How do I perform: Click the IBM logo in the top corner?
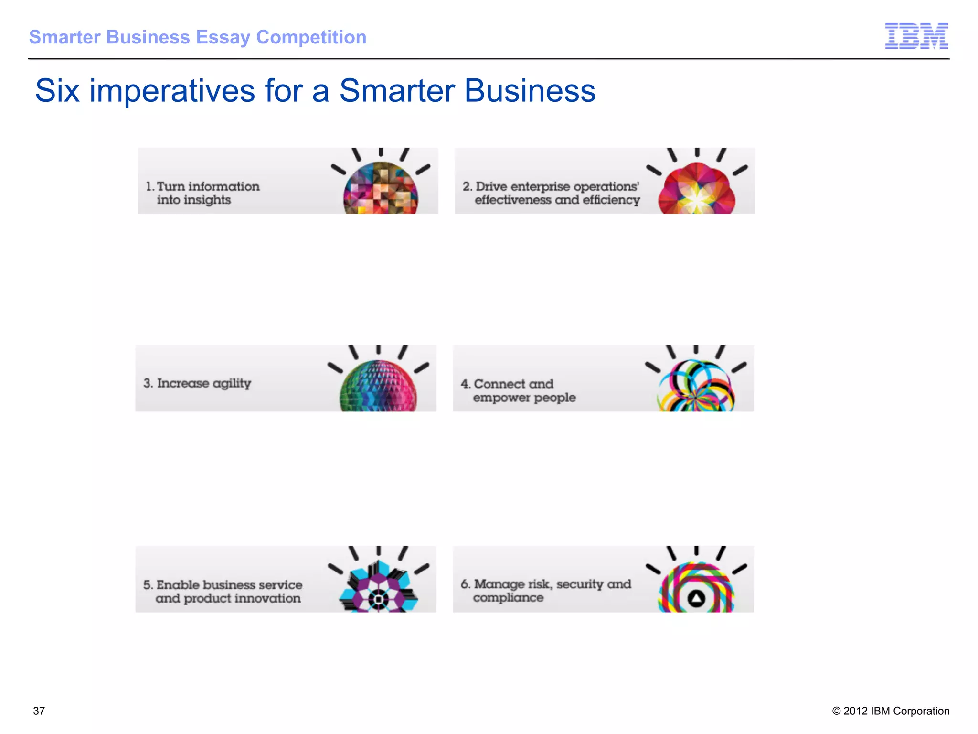pyautogui.click(x=916, y=36)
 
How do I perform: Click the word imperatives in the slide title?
pyautogui.click(x=172, y=91)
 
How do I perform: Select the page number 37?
pyautogui.click(x=39, y=711)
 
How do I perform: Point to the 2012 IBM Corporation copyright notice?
pyautogui.click(x=891, y=711)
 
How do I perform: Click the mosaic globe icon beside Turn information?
pyautogui.click(x=381, y=188)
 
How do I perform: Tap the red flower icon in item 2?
pyautogui.click(x=697, y=189)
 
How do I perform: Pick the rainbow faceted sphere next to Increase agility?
pyautogui.click(x=378, y=386)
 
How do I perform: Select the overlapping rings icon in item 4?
pyautogui.click(x=696, y=386)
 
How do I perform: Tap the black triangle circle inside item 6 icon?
pyautogui.click(x=696, y=598)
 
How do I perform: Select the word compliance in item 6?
pyautogui.click(x=508, y=598)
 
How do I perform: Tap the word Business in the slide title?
pyautogui.click(x=530, y=91)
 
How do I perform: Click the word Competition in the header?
pyautogui.click(x=311, y=38)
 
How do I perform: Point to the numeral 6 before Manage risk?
pyautogui.click(x=465, y=584)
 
